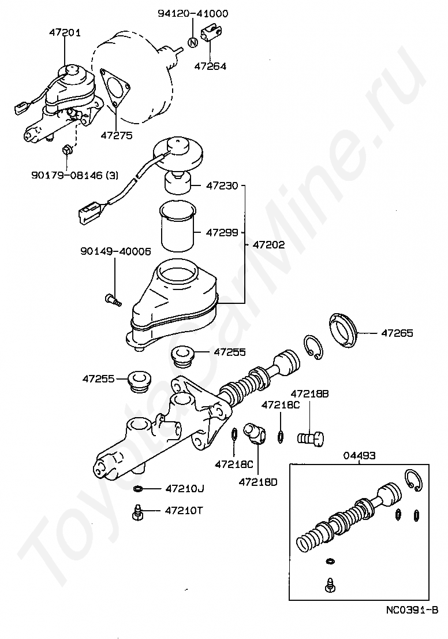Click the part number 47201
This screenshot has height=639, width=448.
[x=65, y=32]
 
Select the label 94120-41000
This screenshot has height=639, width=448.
[x=193, y=13]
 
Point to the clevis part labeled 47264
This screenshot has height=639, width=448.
[x=211, y=32]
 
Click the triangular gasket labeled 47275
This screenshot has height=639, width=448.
[x=114, y=88]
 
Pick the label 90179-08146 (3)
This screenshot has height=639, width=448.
[x=75, y=175]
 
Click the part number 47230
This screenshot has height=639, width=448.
[x=222, y=186]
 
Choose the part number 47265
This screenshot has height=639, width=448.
[x=397, y=333]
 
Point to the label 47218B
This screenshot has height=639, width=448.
[x=309, y=394]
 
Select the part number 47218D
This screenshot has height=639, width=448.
[x=258, y=482]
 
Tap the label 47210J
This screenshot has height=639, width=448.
[x=185, y=489]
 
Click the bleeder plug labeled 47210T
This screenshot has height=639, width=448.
[x=138, y=512]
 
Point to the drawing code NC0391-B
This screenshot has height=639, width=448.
[x=412, y=622]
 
